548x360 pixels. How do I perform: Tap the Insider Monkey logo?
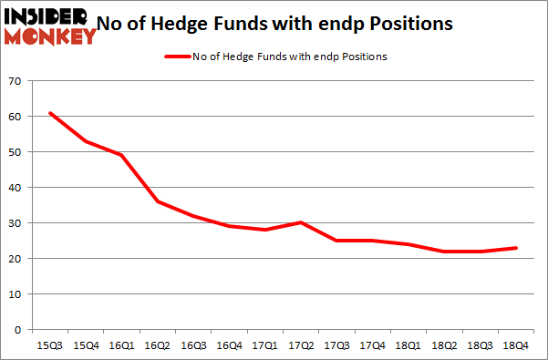point(49,25)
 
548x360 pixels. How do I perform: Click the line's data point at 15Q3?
point(50,113)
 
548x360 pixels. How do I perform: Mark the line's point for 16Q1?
point(121,155)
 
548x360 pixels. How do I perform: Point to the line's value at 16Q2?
point(158,201)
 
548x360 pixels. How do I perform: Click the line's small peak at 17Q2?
point(301,222)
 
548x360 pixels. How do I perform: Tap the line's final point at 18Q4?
point(515,247)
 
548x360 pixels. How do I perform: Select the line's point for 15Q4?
point(86,141)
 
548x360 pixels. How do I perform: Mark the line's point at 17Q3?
point(336,241)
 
